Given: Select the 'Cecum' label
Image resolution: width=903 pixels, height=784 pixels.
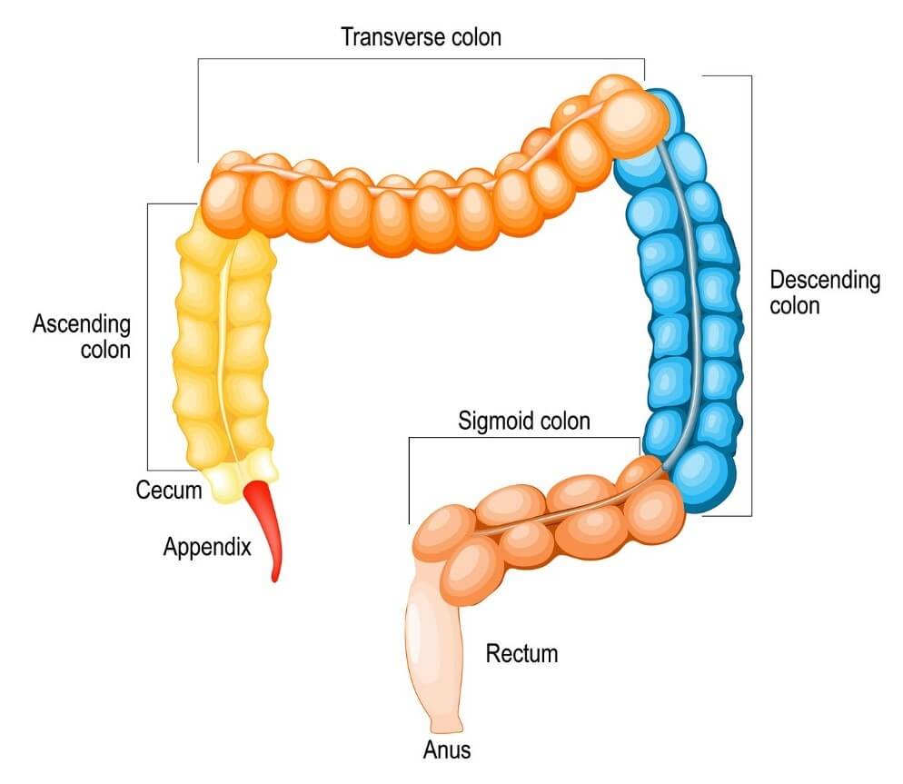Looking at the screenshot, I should coord(168,491).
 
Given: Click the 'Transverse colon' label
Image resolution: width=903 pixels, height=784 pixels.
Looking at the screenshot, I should coord(421,37).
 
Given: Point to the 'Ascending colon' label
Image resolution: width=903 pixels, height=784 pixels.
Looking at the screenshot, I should coord(82,336).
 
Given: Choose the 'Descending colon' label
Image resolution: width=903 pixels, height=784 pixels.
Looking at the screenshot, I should coord(825,292).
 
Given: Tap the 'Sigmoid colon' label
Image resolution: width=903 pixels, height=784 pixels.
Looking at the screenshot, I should coord(524,421).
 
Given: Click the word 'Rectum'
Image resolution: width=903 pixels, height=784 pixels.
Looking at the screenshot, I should coord(521,653).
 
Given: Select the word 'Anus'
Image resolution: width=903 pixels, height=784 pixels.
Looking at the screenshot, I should coord(447,750).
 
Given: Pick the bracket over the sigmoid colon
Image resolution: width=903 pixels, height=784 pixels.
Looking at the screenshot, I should coord(524,438).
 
